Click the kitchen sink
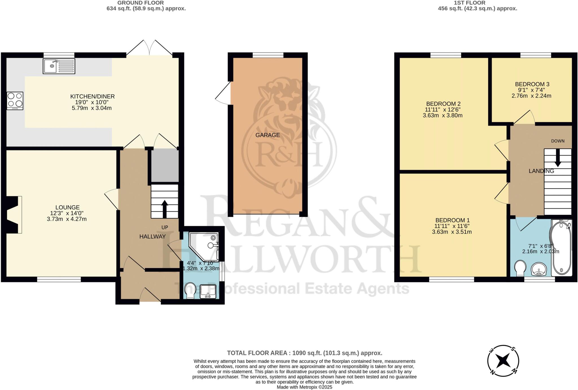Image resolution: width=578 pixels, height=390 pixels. pos(59,66)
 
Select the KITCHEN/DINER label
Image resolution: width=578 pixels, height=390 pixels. pos(92,97)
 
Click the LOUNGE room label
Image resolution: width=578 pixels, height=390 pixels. pos(67,207)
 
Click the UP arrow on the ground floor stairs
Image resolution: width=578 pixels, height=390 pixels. pos(165,209)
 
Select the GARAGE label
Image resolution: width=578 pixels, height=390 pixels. pos(268,135)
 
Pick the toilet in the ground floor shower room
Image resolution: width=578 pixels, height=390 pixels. pos(190,290)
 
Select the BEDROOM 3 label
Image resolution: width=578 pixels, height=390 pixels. pos(532,84)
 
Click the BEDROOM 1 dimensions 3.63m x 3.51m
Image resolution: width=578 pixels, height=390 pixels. pos(452,232)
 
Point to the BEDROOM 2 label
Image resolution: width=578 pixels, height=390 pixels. pos(443,104)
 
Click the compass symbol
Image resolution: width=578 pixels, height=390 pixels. pos(503,361)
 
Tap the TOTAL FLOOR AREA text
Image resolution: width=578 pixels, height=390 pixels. pos(305,353)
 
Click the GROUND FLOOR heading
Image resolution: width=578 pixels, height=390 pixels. pos(141,3)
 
